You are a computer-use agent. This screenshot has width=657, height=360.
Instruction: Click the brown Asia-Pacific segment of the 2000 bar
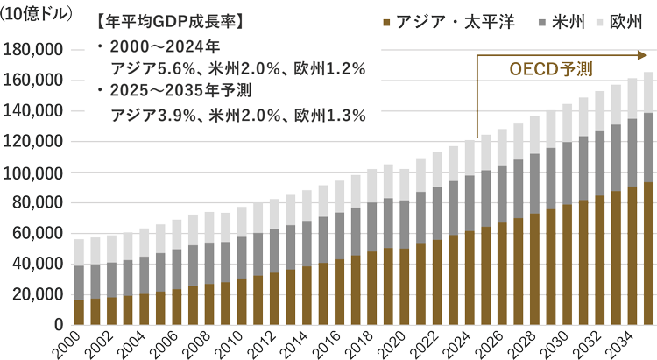tap(80, 312)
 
